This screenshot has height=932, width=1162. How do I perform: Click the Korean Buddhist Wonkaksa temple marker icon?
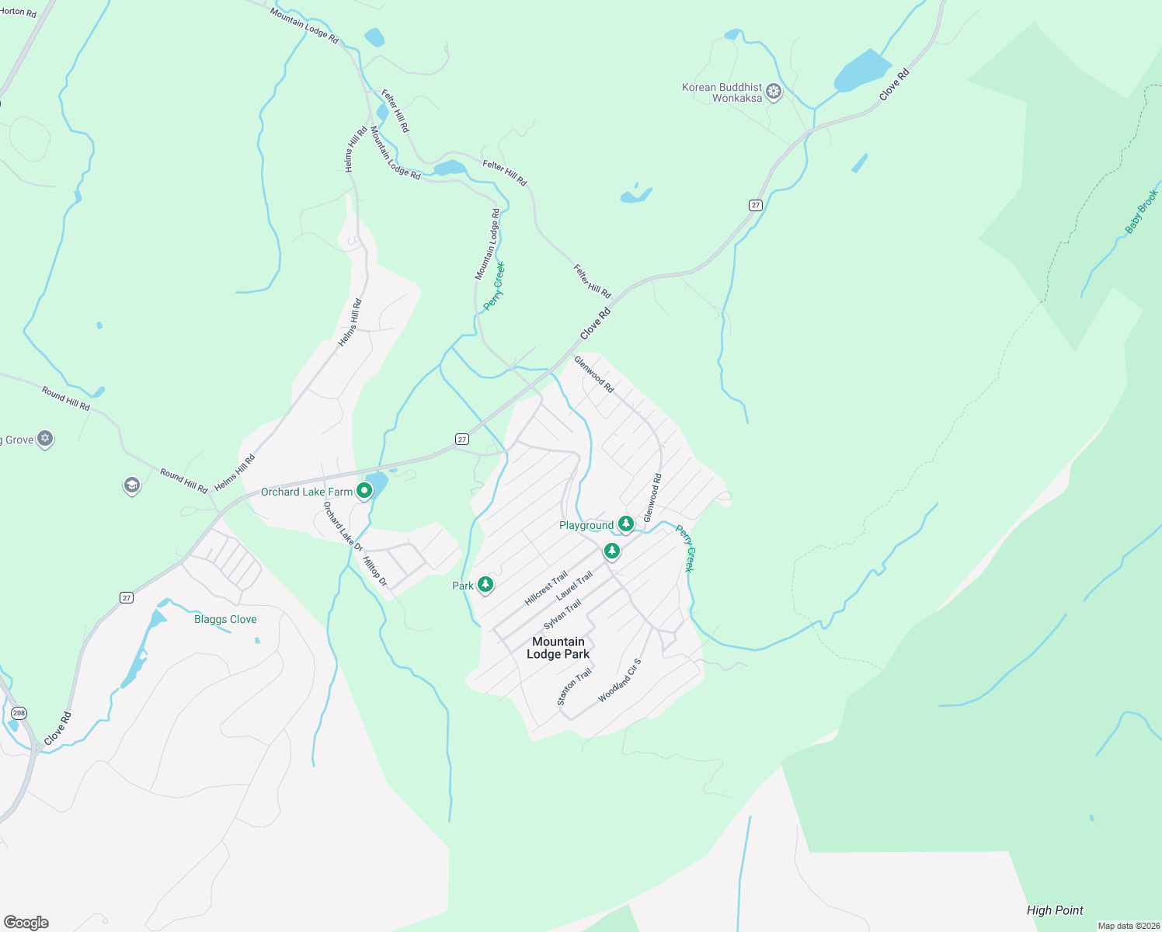pyautogui.click(x=773, y=92)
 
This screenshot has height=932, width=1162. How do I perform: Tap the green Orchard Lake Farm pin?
pyautogui.click(x=364, y=491)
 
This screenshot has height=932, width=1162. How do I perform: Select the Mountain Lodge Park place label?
pyautogui.click(x=558, y=648)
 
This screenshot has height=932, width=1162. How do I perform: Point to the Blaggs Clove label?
pyautogui.click(x=225, y=619)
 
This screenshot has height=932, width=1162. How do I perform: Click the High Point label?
pyautogui.click(x=1055, y=910)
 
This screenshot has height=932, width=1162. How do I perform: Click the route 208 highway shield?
pyautogui.click(x=19, y=713)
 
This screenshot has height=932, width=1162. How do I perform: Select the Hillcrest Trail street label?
pyautogui.click(x=546, y=588)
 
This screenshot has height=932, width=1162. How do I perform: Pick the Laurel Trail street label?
pyautogui.click(x=574, y=586)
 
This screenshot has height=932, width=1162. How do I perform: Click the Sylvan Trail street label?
pyautogui.click(x=562, y=615)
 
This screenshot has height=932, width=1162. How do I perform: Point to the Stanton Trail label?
pyautogui.click(x=574, y=687)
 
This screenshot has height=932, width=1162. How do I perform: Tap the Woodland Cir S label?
pyautogui.click(x=620, y=681)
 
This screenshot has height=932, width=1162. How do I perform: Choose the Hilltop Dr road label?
pyautogui.click(x=374, y=571)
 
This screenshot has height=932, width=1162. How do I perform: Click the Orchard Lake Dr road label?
pyautogui.click(x=343, y=526)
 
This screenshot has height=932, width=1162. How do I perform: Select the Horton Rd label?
pyautogui.click(x=18, y=12)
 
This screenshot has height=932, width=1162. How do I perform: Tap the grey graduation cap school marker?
pyautogui.click(x=131, y=486)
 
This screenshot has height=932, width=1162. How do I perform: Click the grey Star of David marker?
pyautogui.click(x=45, y=440)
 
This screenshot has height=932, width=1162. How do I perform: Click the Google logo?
pyautogui.click(x=26, y=923)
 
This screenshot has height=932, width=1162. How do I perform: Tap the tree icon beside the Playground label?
pyautogui.click(x=625, y=525)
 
